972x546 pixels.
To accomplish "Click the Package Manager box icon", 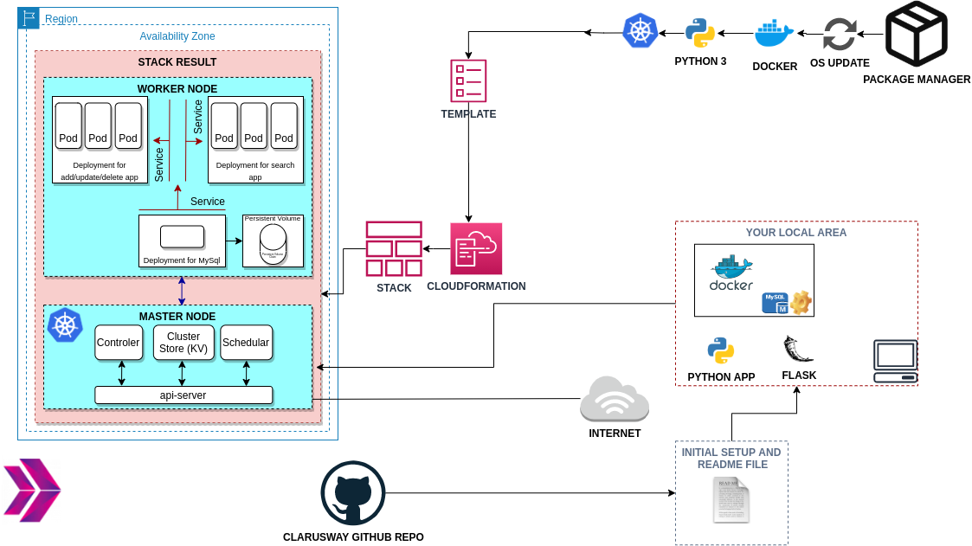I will click(916, 34).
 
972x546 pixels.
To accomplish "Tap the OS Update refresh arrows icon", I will click(839, 35).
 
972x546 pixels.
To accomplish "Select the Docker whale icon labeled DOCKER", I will click(774, 34).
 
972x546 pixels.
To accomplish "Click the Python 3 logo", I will click(700, 34).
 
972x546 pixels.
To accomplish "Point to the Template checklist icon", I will click(468, 81).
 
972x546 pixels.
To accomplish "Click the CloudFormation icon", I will click(476, 249).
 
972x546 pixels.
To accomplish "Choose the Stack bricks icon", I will click(394, 249).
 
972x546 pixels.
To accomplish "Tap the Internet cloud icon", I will click(615, 400).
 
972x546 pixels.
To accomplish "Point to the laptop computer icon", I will click(895, 362).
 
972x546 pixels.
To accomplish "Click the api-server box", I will click(183, 395).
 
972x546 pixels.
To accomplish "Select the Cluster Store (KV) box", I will click(183, 343).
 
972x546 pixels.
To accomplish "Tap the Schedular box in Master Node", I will click(246, 343).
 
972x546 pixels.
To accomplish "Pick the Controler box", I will click(119, 343).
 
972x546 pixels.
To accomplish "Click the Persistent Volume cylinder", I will click(273, 245).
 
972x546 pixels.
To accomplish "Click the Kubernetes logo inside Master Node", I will click(65, 325).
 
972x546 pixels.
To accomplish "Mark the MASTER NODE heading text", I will click(177, 317).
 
